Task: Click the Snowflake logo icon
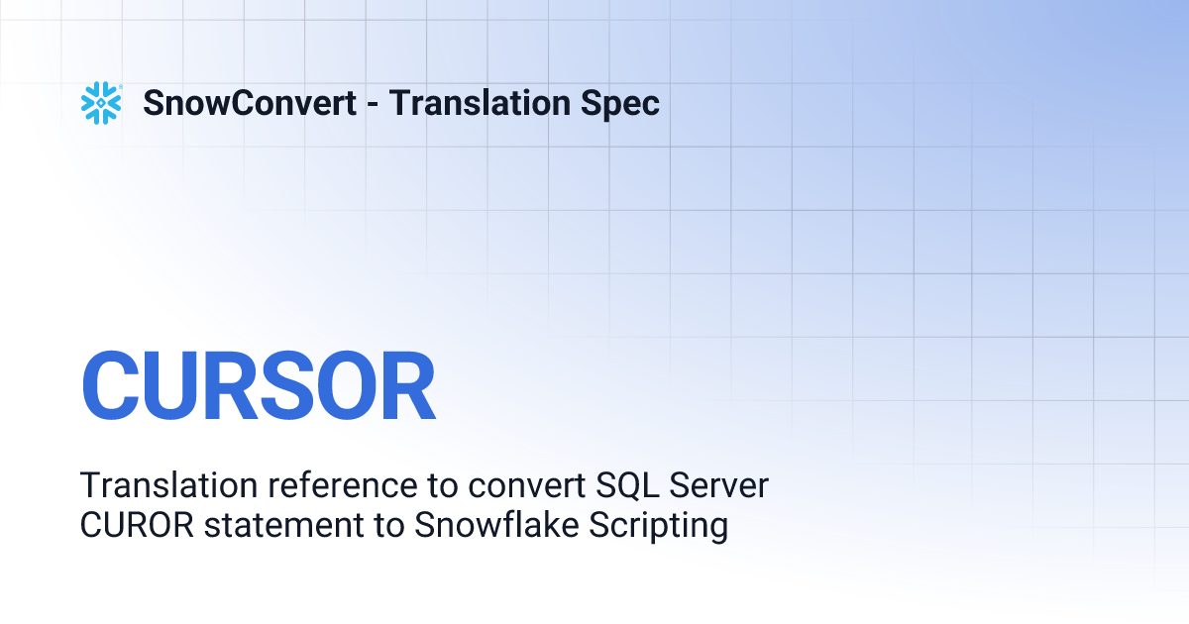(101, 103)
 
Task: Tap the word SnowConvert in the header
(250, 103)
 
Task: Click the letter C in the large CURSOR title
(112, 387)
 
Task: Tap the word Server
(719, 485)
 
